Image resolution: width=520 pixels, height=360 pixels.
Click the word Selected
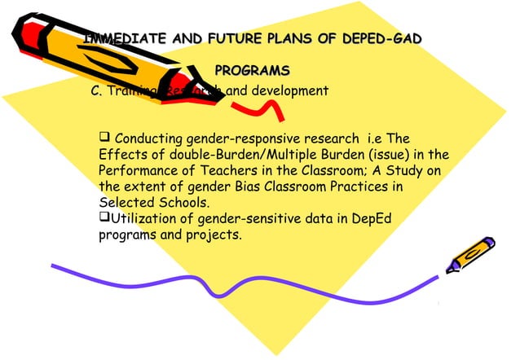point(124,203)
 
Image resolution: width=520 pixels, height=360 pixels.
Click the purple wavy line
point(245,285)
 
